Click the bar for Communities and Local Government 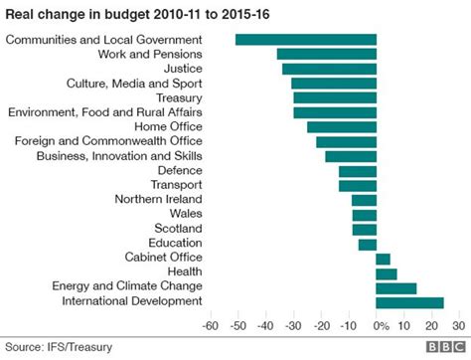click(x=305, y=39)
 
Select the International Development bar click(x=409, y=302)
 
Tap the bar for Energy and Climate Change click(x=395, y=287)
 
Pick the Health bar click(x=386, y=273)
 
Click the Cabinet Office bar click(x=383, y=259)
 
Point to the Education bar click(x=368, y=244)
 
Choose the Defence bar click(x=358, y=171)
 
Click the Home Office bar click(x=342, y=127)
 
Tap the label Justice click(x=183, y=69)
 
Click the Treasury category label click(x=179, y=97)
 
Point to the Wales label click(x=186, y=215)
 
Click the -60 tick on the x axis click(x=210, y=325)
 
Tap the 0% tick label click(x=379, y=325)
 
